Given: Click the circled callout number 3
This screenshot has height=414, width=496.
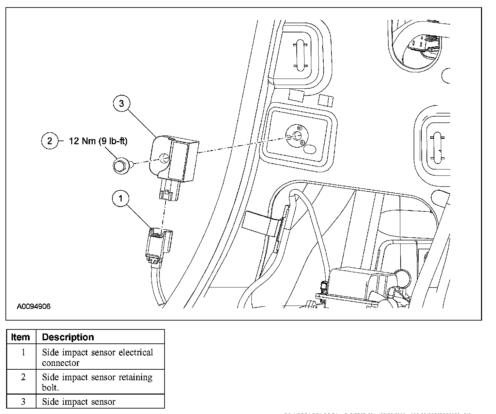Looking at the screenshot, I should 121,103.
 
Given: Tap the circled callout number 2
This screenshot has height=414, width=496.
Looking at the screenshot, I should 50,141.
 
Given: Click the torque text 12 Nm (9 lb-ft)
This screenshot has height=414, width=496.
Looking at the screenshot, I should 98,141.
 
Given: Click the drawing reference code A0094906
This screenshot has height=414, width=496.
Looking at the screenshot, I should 34,306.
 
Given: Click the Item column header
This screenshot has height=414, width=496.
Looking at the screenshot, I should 20,337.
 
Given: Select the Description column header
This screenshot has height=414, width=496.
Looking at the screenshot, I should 68,337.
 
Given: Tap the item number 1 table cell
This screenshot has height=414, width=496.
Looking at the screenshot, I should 23,352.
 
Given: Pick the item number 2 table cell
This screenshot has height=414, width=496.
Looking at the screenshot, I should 23,378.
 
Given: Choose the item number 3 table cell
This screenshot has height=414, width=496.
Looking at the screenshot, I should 23,402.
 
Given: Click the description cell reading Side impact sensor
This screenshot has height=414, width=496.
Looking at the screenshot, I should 79,402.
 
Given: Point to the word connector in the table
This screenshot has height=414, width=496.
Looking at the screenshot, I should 61,363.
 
